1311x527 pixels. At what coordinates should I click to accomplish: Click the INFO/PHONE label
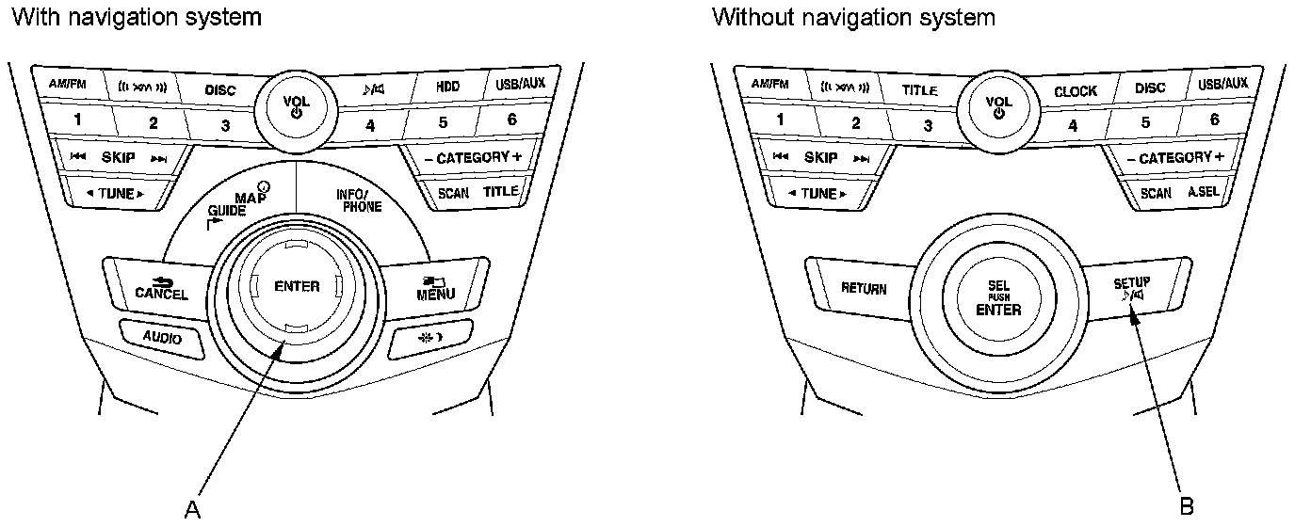(359, 200)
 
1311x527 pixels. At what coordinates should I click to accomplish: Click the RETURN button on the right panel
(863, 288)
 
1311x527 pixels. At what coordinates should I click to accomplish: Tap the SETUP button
(1131, 288)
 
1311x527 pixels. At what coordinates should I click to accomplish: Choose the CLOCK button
(1075, 91)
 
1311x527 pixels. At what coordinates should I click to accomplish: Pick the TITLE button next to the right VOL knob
(919, 91)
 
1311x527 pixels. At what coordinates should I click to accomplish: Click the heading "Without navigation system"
(853, 17)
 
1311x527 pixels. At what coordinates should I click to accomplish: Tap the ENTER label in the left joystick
(297, 287)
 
